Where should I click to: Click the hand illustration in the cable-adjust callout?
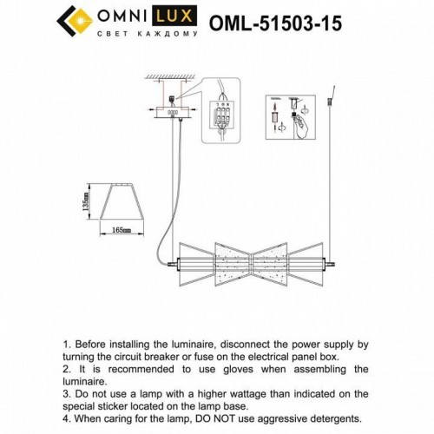pyautogui.click(x=304, y=128)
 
